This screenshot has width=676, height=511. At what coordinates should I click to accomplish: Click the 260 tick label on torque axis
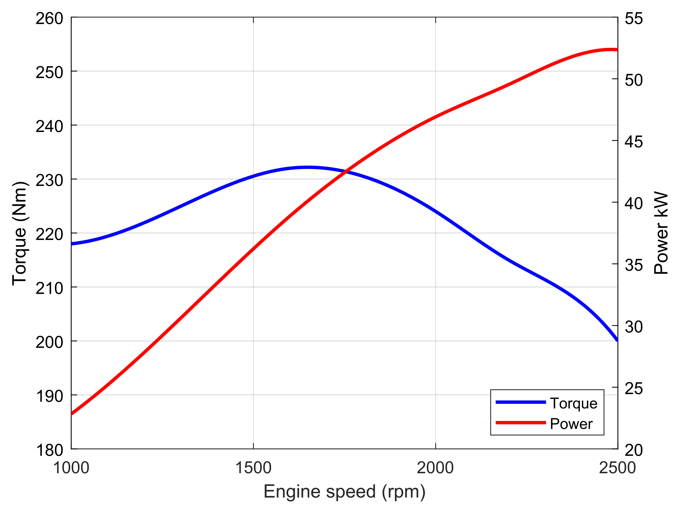49,19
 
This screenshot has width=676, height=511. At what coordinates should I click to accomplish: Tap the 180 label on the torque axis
49,450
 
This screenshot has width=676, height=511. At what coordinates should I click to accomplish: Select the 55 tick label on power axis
633,19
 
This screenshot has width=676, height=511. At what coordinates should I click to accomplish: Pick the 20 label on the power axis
633,450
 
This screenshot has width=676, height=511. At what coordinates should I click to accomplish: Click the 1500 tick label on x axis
253,468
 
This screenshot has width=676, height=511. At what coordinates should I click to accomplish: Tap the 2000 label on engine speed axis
435,468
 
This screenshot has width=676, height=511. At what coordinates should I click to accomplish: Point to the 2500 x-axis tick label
617,468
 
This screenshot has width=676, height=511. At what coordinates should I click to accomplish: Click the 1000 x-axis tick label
71,468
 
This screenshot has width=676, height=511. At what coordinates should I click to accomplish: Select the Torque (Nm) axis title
20,234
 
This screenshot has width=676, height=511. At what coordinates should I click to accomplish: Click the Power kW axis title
661,233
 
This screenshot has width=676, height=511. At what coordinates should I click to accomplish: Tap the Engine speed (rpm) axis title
344,491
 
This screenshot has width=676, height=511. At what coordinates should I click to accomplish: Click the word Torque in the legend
574,403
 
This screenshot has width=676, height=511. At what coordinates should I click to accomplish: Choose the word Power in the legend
571,424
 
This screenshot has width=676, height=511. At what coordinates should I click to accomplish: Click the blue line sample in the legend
521,402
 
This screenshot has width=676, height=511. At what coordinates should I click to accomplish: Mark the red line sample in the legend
521,423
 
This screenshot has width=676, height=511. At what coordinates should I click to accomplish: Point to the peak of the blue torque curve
307,167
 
